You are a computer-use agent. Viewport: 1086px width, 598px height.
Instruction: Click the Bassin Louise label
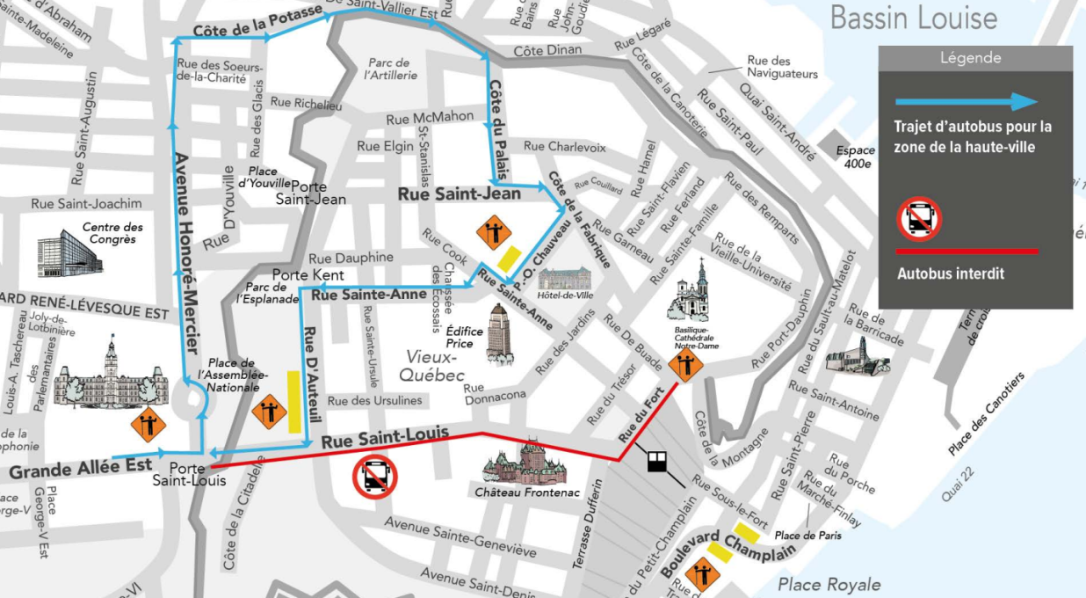(914, 18)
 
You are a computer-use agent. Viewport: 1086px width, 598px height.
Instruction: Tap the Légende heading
(970, 58)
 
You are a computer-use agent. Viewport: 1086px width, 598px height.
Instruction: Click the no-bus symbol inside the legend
(919, 218)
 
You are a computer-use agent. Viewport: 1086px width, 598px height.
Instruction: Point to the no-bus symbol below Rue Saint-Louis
(375, 478)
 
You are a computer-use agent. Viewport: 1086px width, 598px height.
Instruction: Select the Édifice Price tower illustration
(499, 333)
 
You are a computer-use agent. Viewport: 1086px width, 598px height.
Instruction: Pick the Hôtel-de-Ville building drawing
(566, 280)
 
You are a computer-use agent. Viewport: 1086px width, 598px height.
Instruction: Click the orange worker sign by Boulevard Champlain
(703, 574)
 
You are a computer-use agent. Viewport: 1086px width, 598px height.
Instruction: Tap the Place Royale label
(829, 584)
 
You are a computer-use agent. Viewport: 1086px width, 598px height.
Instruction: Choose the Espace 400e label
(853, 157)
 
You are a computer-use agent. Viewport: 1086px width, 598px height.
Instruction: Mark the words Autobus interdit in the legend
(950, 273)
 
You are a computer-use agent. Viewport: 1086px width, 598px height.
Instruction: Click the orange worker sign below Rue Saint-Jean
(493, 233)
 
